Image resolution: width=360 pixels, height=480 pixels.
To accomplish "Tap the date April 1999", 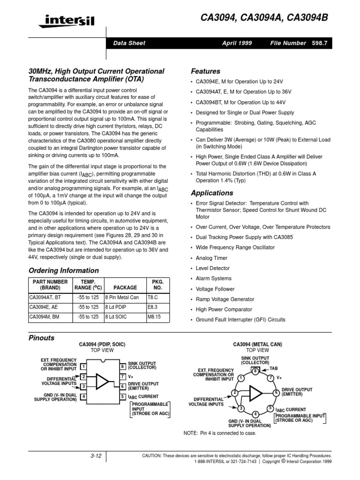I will [x=237, y=43].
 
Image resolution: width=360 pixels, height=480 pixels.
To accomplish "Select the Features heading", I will [x=205, y=71].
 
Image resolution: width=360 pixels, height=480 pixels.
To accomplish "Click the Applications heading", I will [x=212, y=193].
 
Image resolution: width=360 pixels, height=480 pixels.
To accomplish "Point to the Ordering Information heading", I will [x=64, y=270].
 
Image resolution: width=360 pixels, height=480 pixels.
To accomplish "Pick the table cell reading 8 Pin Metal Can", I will [x=122, y=297].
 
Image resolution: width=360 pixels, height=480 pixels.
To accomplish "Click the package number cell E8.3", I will [x=153, y=307].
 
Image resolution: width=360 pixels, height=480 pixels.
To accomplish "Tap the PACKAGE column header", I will [x=125, y=287].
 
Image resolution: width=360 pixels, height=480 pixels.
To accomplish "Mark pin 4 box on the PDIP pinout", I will [x=83, y=397].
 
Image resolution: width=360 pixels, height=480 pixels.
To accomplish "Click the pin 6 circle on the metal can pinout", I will [x=277, y=392].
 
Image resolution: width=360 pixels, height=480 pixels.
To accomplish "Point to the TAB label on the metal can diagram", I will [x=274, y=368].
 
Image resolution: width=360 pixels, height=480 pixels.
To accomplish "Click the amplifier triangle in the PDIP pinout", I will [x=102, y=382].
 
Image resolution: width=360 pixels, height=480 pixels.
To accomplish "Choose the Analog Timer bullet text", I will [x=211, y=258].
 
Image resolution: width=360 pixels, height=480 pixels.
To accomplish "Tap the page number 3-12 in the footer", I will [x=96, y=456].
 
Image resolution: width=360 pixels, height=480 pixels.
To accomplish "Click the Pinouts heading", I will [x=42, y=338].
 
